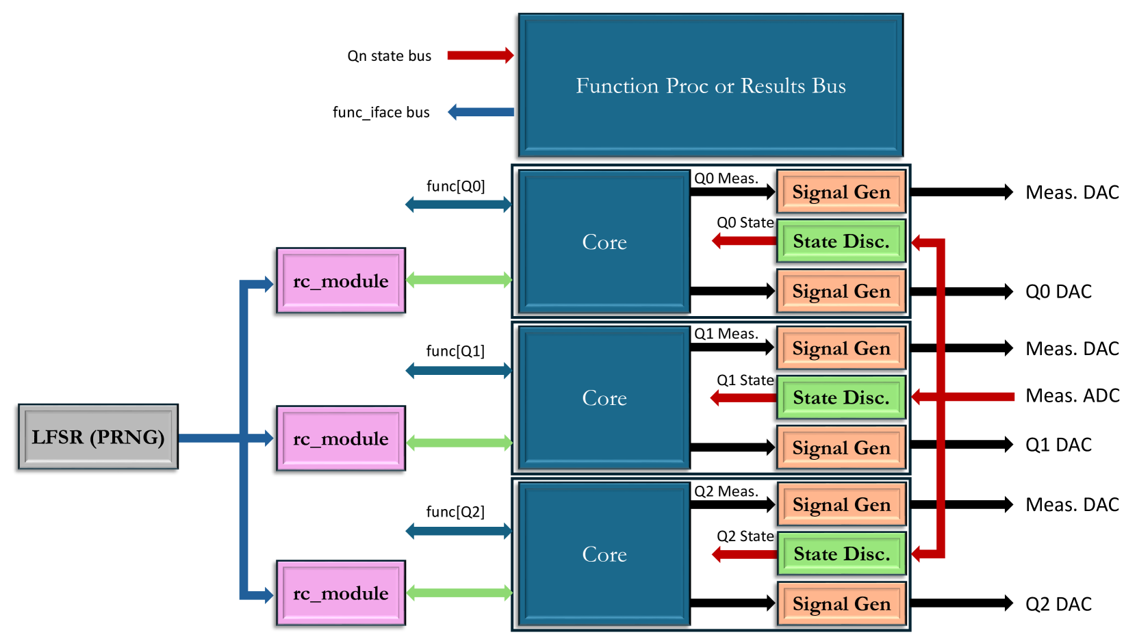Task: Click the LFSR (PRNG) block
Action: coord(98,436)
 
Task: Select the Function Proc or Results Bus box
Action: coord(711,86)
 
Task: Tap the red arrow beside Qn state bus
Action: coord(480,55)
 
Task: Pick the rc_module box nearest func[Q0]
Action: coord(341,281)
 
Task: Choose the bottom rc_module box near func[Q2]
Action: coord(341,593)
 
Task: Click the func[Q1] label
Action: coord(455,351)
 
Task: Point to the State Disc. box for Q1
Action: coord(841,397)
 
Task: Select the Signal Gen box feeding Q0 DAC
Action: coord(841,291)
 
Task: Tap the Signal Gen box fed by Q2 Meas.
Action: coord(841,505)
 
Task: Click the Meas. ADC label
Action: coord(1072,395)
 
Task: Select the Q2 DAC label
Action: coord(1058,604)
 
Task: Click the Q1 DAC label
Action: coord(1058,445)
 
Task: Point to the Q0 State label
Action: coord(745,222)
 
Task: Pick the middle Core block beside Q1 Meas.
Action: coord(604,397)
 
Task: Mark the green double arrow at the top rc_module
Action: coord(459,279)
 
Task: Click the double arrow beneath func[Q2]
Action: coord(459,530)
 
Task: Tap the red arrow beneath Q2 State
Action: coord(744,554)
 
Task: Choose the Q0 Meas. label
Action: coord(726,179)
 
